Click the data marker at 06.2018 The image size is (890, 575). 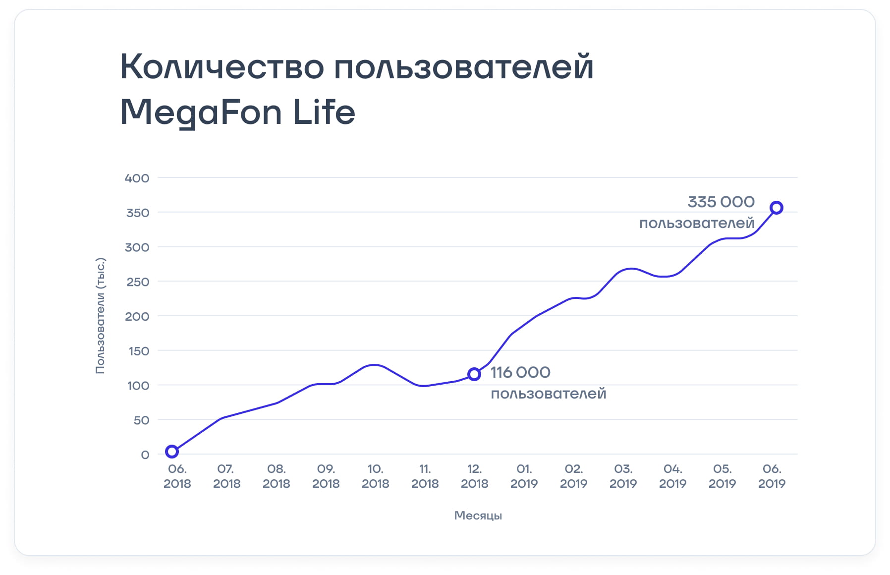tap(172, 451)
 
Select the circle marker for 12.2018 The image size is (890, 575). tap(474, 374)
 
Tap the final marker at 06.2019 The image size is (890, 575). tap(777, 208)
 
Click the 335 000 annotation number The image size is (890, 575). tap(721, 202)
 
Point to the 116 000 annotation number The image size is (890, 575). tap(520, 373)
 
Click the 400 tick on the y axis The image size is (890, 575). tap(137, 178)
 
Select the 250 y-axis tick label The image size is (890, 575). tap(137, 282)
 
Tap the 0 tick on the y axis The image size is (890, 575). tap(145, 455)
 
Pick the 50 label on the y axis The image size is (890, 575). tap(141, 420)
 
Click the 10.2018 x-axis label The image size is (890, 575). tap(375, 476)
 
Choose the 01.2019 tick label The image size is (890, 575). tap(524, 476)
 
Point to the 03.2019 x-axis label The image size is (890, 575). tap(623, 476)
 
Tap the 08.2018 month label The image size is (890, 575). tap(276, 476)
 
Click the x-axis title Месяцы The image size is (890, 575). tap(478, 516)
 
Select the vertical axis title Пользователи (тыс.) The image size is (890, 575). tap(100, 316)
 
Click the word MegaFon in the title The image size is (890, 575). tap(201, 113)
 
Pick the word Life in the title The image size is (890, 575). tap(324, 112)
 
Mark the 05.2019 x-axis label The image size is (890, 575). tap(722, 476)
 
